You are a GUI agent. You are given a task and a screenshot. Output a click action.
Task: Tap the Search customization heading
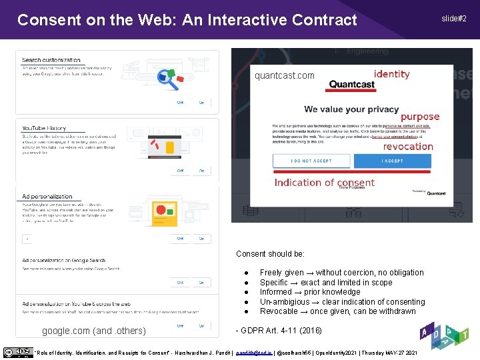coord(51,60)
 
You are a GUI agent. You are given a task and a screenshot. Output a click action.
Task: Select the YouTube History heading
coord(44,128)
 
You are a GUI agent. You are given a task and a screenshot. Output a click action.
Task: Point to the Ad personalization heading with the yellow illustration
coord(47,197)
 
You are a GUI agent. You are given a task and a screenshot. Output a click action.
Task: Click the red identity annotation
coord(391,74)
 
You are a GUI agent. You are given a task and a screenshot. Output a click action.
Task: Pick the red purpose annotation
coord(420,117)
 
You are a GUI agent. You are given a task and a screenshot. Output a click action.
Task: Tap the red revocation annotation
coord(408,147)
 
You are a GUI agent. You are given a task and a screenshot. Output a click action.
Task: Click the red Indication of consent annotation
coord(324,183)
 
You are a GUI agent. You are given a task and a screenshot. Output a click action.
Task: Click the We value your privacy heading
coord(352,109)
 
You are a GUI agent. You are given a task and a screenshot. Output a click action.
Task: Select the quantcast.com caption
coord(285,75)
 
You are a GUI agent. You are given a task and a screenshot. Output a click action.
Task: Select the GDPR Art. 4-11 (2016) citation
coord(279,331)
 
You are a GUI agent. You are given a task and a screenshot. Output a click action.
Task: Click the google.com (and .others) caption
coord(94,331)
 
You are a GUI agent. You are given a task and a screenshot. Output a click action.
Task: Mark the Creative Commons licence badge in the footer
coord(18,352)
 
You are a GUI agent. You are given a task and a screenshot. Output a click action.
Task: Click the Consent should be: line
coord(270,254)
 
